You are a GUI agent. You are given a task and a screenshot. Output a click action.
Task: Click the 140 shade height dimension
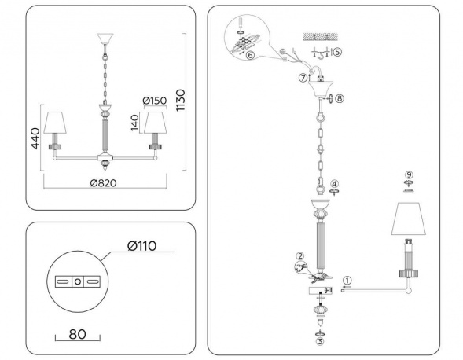[x=134, y=122]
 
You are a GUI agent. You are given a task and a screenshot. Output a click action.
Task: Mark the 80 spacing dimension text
[x=76, y=333]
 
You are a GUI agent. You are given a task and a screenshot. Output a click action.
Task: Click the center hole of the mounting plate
[x=77, y=281]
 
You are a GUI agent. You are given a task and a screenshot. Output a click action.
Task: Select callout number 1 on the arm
[x=348, y=279]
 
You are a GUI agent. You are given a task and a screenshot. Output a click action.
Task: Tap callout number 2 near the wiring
[x=299, y=255]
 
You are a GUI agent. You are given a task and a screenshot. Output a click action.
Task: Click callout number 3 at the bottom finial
[x=319, y=342]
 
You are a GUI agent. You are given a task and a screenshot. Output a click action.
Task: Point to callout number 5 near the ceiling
[x=337, y=52]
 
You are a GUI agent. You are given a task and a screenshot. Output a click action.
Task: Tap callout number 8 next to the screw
[x=339, y=98]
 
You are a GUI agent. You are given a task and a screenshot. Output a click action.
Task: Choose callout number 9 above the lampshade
[x=408, y=174]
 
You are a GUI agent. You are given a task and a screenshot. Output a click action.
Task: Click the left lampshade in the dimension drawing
[x=56, y=123]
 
